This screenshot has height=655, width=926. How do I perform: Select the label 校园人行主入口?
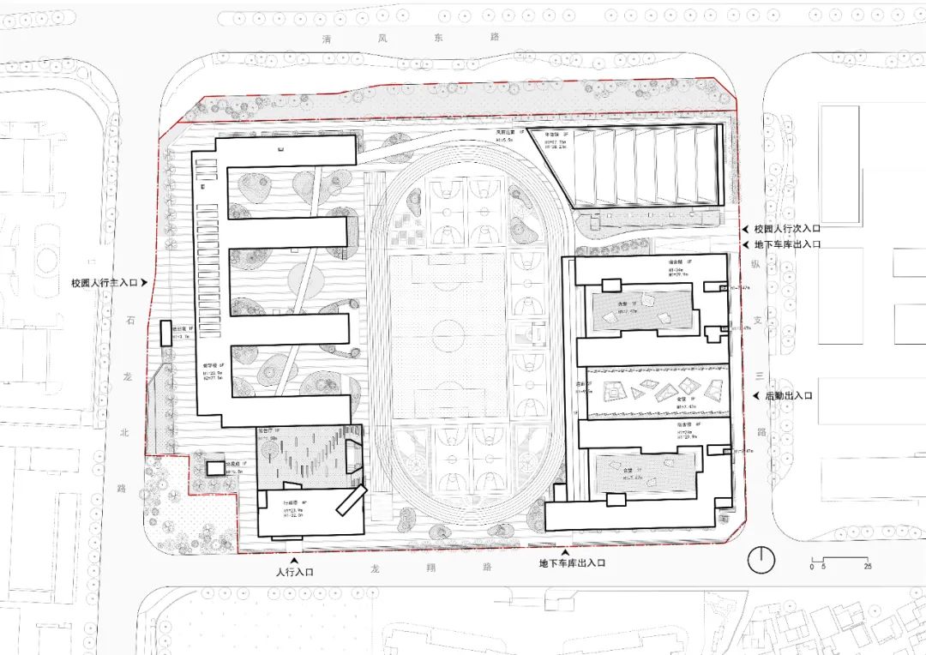click(105, 282)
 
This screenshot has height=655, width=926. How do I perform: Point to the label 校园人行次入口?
click(786, 230)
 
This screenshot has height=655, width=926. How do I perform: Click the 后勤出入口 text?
click(782, 395)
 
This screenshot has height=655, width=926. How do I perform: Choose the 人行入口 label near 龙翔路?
click(295, 571)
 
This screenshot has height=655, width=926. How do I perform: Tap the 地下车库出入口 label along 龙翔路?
click(572, 563)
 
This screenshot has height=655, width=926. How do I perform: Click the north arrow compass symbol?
click(760, 561)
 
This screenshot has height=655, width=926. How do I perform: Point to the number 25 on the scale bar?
click(868, 567)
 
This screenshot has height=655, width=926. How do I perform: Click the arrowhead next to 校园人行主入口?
click(145, 282)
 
